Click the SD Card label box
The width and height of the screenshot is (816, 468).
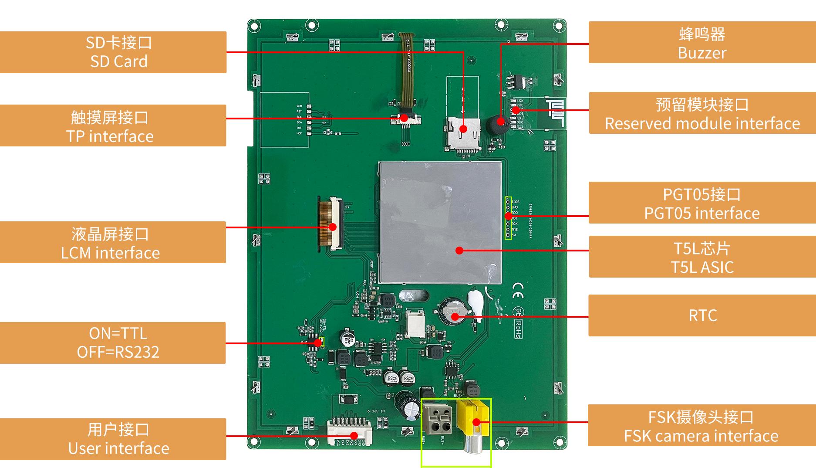pyautogui.click(x=113, y=52)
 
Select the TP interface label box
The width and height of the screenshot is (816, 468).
pyautogui.click(x=113, y=125)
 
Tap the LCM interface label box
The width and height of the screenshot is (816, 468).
pyautogui.click(x=113, y=242)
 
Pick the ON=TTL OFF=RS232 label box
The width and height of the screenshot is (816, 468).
pyautogui.click(x=113, y=343)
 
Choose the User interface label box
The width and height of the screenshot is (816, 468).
pyautogui.click(x=113, y=439)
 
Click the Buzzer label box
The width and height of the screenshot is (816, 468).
pyautogui.click(x=702, y=42)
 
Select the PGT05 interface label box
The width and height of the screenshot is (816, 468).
pyautogui.click(x=702, y=203)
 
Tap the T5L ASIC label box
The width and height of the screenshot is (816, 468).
pyautogui.click(x=702, y=257)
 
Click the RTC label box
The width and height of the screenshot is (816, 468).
pyautogui.click(x=702, y=315)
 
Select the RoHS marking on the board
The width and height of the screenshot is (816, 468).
pyautogui.click(x=519, y=329)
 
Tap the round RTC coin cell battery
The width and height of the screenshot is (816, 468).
pyautogui.click(x=453, y=310)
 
